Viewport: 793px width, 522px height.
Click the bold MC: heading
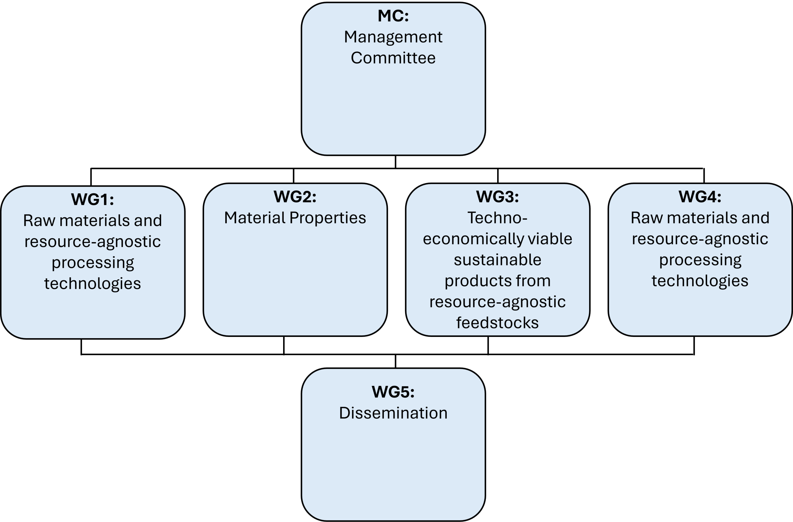point(393,16)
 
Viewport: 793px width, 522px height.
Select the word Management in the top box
point(393,37)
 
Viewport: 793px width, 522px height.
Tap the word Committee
point(393,58)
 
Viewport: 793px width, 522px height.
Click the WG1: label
point(92,199)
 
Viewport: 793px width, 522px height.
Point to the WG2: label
point(295,197)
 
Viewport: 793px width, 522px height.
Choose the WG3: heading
point(497,197)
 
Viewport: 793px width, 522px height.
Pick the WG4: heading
point(700,197)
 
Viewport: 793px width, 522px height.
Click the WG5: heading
point(393,392)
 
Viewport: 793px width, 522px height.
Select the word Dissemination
point(393,413)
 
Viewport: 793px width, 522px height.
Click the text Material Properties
point(295,218)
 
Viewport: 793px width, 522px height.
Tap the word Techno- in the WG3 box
point(497,218)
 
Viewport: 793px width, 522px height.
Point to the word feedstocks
point(497,323)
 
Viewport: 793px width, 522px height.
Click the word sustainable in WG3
point(497,260)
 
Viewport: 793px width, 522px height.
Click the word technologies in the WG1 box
point(92,283)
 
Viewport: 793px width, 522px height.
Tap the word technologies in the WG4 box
point(700,281)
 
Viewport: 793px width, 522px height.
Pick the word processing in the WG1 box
point(92,263)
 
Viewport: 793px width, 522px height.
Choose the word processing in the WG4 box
point(700,260)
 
